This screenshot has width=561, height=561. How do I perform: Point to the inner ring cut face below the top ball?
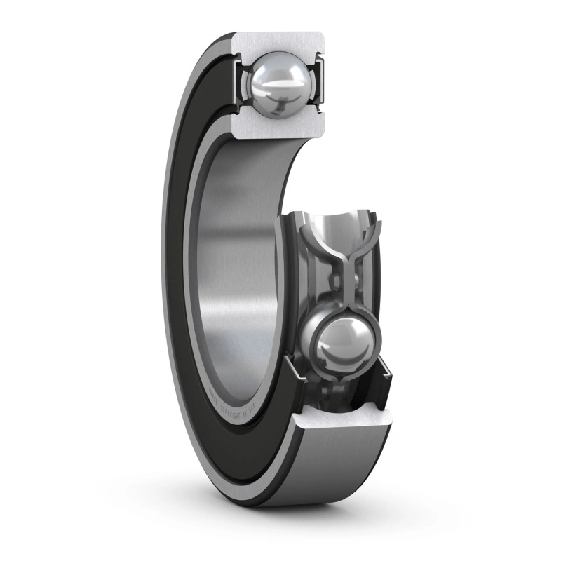(x=280, y=127)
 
